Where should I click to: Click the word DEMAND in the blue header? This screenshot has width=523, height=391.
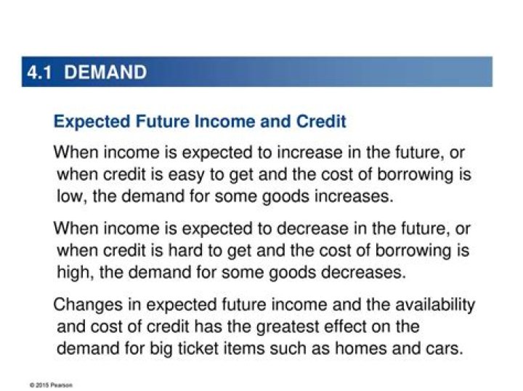pyautogui.click(x=105, y=72)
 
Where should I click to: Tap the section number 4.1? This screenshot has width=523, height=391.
pyautogui.click(x=40, y=73)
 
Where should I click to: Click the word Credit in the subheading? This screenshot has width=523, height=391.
pyautogui.click(x=321, y=121)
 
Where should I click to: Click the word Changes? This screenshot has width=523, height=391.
pyautogui.click(x=88, y=305)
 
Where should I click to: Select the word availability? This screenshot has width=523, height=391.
pyautogui.click(x=435, y=305)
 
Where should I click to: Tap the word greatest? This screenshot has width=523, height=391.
pyautogui.click(x=288, y=327)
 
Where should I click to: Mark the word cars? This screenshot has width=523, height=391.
pyautogui.click(x=445, y=349)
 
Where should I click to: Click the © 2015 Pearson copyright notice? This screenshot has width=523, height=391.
pyautogui.click(x=51, y=385)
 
